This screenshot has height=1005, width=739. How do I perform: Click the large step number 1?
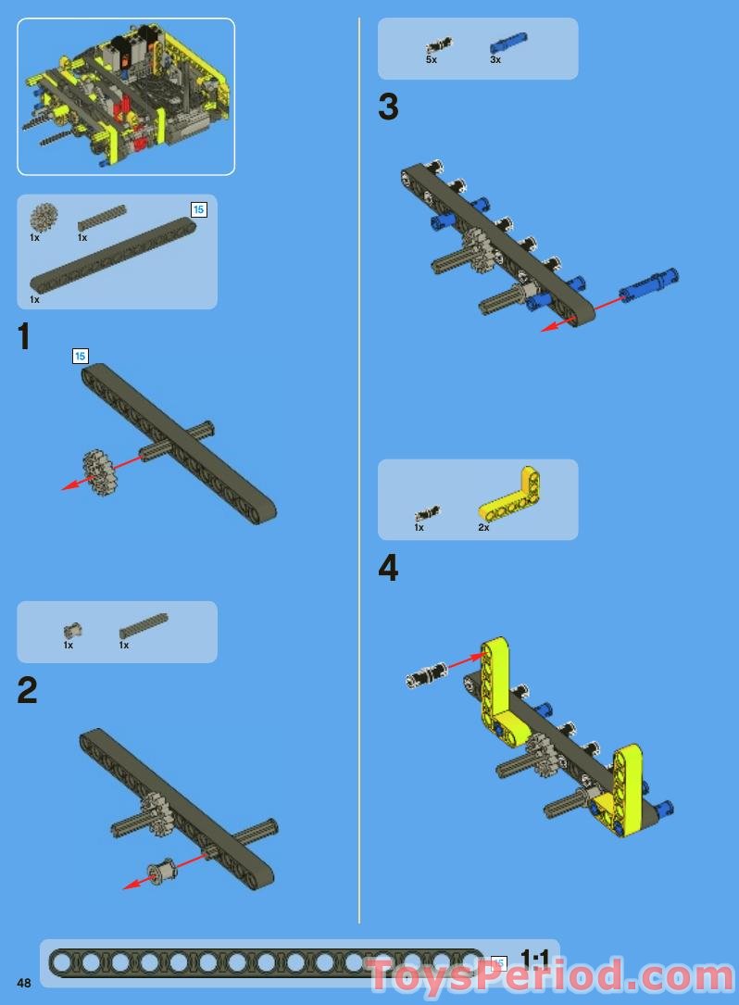24,337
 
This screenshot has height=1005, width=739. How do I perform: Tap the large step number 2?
27,691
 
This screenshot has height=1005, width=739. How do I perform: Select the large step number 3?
388,107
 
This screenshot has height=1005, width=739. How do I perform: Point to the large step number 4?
388,568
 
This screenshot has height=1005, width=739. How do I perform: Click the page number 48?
23,983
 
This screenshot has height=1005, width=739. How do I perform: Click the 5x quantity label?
431,59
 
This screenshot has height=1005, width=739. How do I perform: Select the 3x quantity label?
495,59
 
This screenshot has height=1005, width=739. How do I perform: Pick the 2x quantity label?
483,527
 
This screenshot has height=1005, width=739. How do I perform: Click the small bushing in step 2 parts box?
72,631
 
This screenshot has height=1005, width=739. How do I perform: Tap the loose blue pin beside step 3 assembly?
648,283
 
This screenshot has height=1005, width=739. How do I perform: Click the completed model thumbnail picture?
126,96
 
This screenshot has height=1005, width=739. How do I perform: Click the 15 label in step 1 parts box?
198,209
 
